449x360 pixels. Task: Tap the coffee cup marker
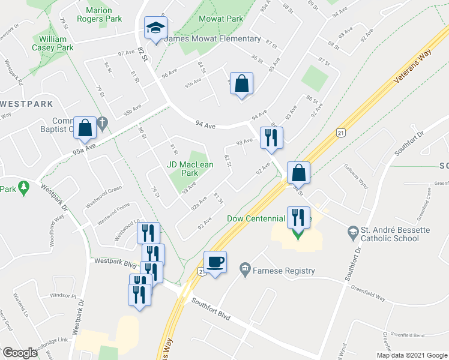click(x=215, y=262)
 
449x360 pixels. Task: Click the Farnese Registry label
click(x=284, y=271)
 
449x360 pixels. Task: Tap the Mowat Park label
click(x=221, y=19)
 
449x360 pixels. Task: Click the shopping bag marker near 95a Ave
click(x=85, y=127)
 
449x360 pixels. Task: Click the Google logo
click(x=20, y=353)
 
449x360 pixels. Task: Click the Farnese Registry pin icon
click(x=245, y=268)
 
